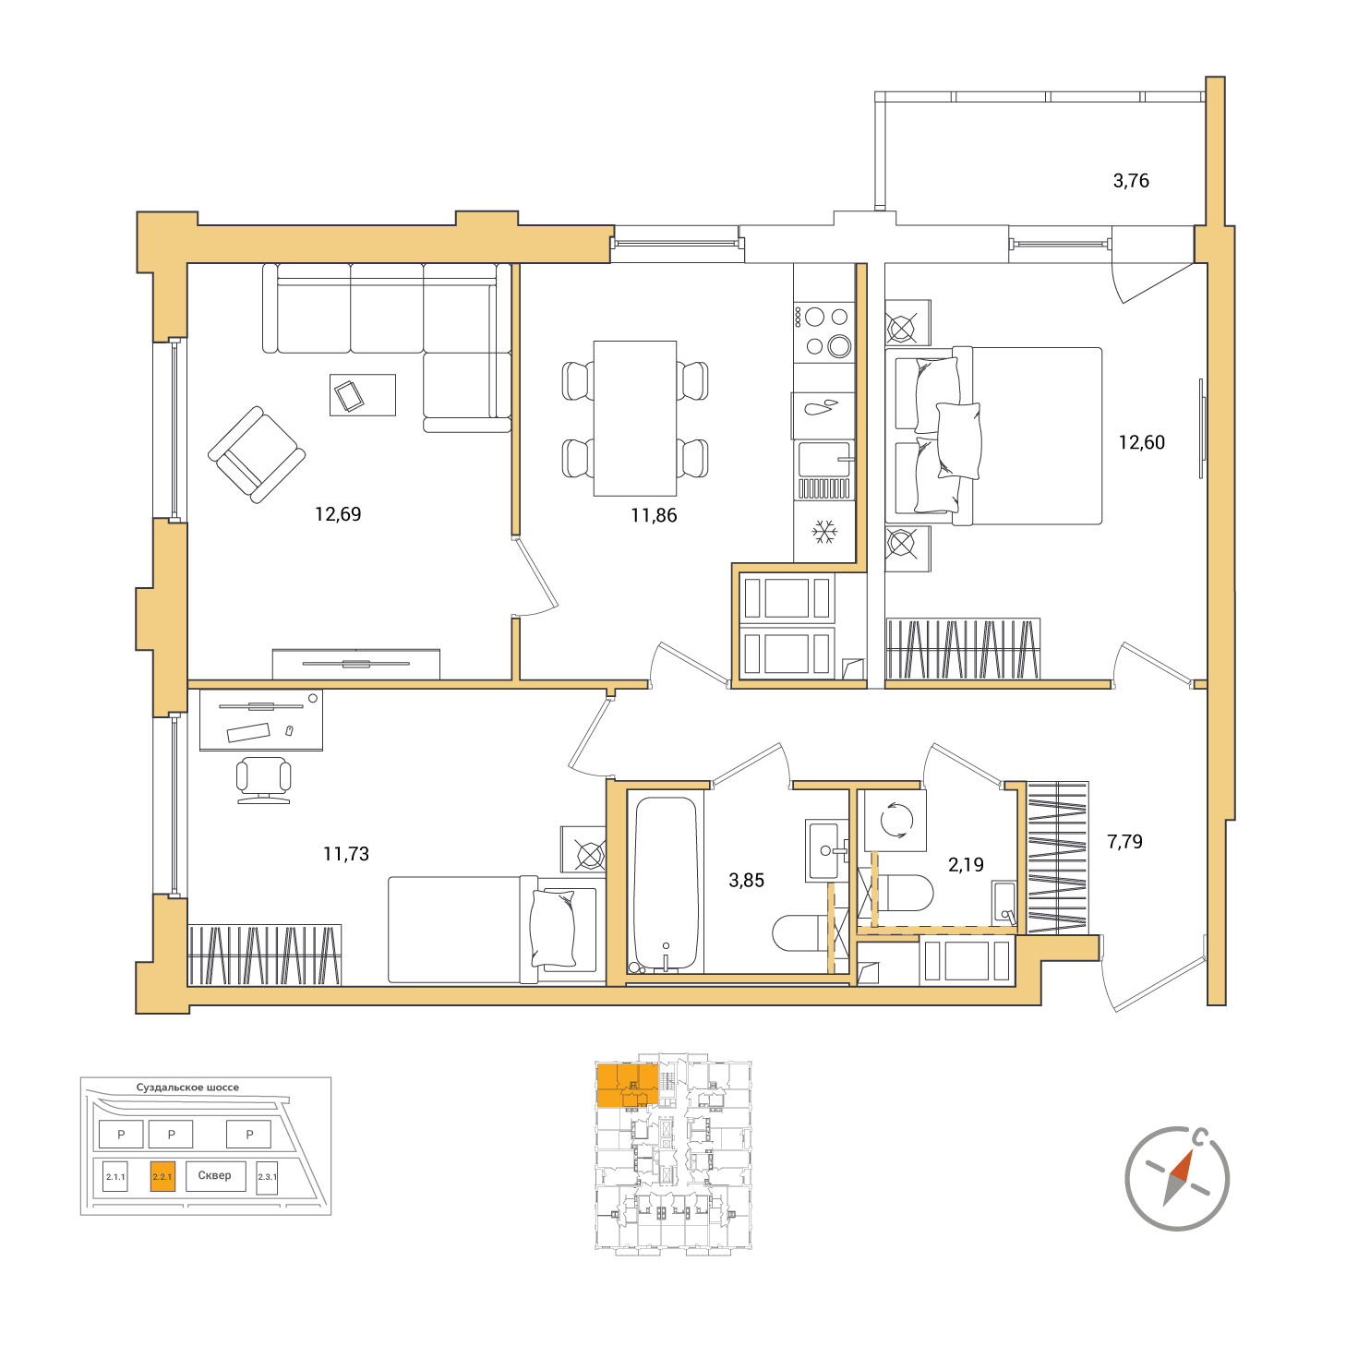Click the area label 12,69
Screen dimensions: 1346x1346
coord(338,514)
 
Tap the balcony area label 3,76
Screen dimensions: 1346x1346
coord(1131,181)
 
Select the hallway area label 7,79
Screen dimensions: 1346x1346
coord(1124,842)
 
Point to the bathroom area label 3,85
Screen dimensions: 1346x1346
coord(746,880)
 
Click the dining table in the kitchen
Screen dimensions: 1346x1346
coord(634,417)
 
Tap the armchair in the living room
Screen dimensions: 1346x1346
coord(257,455)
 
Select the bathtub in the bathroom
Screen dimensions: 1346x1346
coord(666,884)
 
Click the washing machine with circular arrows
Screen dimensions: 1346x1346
coord(896,820)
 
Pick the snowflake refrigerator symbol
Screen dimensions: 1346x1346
coord(824,532)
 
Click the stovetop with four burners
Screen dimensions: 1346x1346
coord(824,331)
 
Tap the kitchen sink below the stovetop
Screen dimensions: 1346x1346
coord(824,469)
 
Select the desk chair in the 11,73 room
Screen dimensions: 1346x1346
coord(263,779)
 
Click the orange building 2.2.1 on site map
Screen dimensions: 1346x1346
coord(162,1176)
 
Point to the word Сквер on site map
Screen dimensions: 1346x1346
coord(214,1175)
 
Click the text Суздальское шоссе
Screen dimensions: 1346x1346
coord(187,1088)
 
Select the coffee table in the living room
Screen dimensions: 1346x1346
coord(363,394)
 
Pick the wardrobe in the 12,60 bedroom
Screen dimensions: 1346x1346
coord(963,648)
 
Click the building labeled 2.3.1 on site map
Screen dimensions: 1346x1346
coord(267,1178)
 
